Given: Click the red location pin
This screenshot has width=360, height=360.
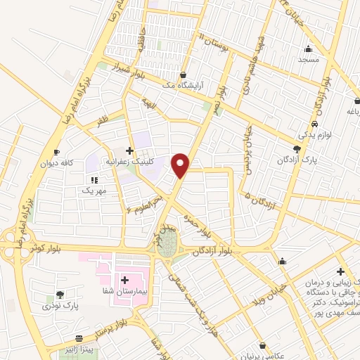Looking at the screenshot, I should pyautogui.click(x=181, y=165).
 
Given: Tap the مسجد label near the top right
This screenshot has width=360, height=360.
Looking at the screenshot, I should pyautogui.click(x=308, y=60).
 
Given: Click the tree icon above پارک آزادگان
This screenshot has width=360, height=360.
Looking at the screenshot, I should pyautogui.click(x=297, y=149).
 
